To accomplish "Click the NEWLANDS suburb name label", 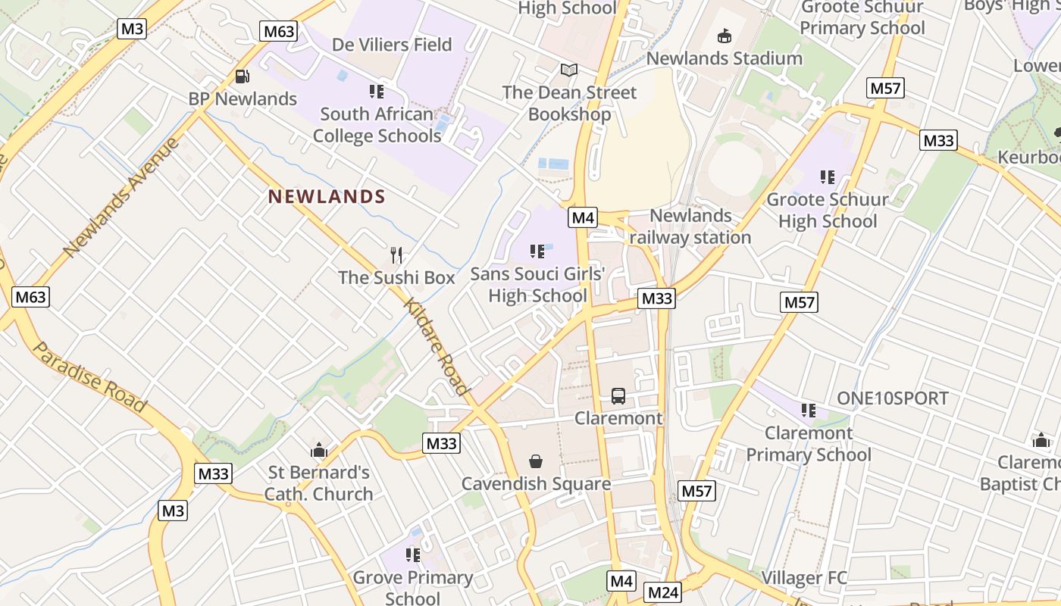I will coord(327,197).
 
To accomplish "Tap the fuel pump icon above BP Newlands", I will coord(243,77).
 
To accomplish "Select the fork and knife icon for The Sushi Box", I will coord(396,255).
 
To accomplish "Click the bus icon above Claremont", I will coord(618,395).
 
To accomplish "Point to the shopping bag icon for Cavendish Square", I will coord(536,461).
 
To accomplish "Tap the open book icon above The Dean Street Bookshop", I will coord(569,70).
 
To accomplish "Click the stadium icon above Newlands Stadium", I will coord(725,36).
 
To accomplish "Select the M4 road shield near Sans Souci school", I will coord(582,218).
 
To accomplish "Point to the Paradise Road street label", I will coord(89,377).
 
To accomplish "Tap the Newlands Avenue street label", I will coord(121,197).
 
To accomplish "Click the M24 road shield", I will coord(662,592).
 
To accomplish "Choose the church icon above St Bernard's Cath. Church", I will coord(319,450).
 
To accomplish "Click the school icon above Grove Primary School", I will coord(413,555).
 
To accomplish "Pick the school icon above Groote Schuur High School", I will coord(827,177).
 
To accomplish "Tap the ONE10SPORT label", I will coord(892,398).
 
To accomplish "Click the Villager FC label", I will coord(804,579).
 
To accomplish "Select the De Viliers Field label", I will coord(392,45).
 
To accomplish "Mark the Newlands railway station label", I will coord(690,226).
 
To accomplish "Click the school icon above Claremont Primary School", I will coord(809,411).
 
